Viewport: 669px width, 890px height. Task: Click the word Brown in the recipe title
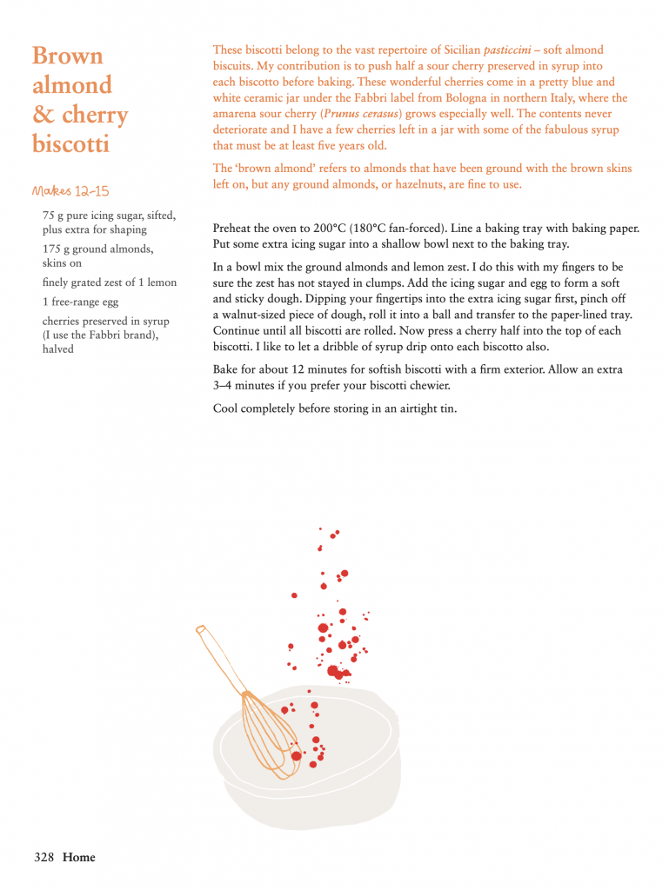point(67,56)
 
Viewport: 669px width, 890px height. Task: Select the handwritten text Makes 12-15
point(70,191)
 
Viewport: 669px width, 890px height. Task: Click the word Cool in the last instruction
point(227,408)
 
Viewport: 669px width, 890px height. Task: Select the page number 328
point(44,857)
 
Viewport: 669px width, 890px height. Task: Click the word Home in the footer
point(79,857)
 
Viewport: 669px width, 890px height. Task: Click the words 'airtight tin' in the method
point(425,408)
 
